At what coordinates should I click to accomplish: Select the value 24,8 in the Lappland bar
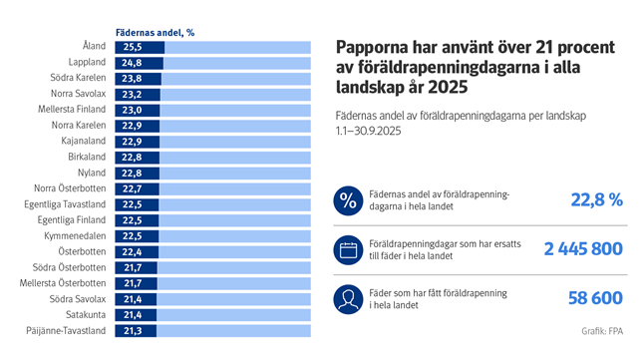tap(132, 63)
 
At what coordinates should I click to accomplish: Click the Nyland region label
tap(93, 173)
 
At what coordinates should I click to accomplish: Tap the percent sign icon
tap(348, 200)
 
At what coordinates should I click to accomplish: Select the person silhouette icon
tap(348, 298)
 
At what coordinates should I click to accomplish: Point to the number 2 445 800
tap(583, 249)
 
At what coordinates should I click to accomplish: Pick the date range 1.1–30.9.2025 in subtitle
tap(376, 131)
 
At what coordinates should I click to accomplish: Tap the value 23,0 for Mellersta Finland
tap(132, 110)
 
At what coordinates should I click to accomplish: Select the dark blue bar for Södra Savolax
tap(138, 298)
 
